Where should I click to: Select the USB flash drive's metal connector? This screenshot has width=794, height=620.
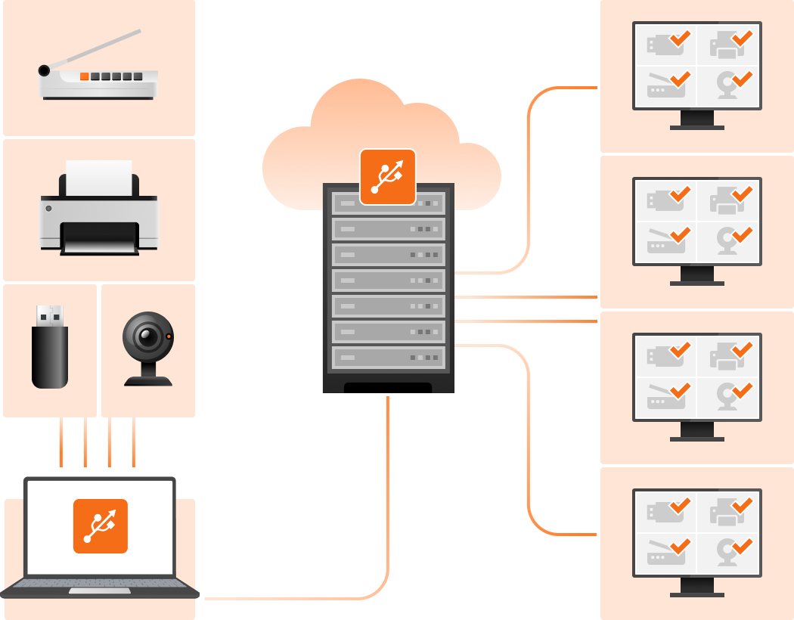click(50, 315)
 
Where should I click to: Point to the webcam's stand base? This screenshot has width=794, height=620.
click(148, 380)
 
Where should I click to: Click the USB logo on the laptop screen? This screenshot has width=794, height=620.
click(101, 526)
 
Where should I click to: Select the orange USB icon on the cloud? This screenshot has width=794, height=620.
click(387, 177)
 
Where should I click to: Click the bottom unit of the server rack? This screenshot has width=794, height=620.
click(388, 357)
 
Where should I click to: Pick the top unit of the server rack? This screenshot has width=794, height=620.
click(388, 203)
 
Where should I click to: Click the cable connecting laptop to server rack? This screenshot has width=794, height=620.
click(387, 529)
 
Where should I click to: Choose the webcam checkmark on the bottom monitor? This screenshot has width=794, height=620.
click(742, 545)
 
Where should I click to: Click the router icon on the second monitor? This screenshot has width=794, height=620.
click(665, 240)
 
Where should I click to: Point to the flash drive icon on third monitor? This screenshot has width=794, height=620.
click(664, 356)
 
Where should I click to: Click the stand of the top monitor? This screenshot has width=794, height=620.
click(696, 121)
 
